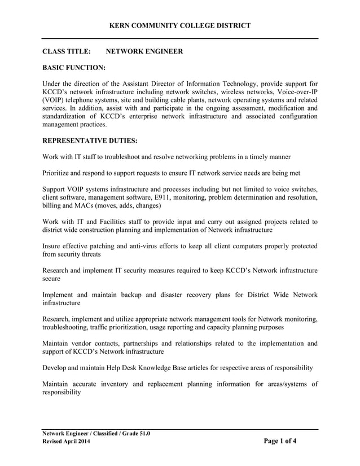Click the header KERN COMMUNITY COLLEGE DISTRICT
tap(180, 25)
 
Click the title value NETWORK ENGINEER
tap(144, 51)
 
